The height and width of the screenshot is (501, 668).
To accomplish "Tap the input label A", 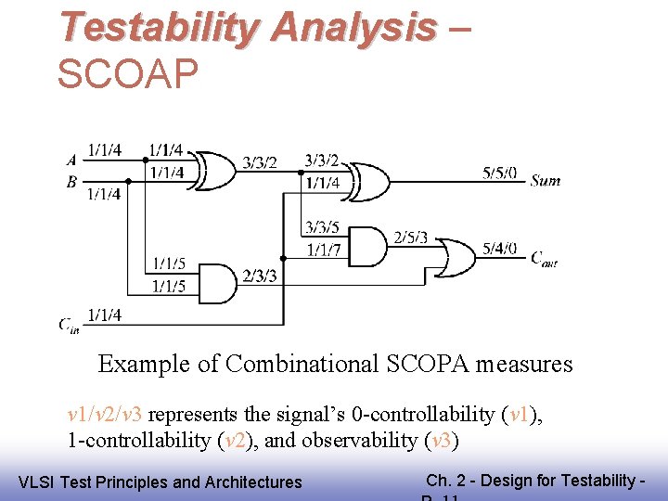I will pyautogui.click(x=71, y=160).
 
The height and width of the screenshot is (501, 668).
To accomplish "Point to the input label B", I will pyautogui.click(x=71, y=182).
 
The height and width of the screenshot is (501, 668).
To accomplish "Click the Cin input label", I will pyautogui.click(x=70, y=324).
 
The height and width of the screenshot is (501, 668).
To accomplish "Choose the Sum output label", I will pyautogui.click(x=546, y=181).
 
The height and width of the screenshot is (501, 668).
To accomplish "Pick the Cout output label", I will pyautogui.click(x=544, y=259).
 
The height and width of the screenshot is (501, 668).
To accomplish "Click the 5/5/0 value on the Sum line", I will pyautogui.click(x=500, y=173).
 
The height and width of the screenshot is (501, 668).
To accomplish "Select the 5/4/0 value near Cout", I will pyautogui.click(x=500, y=249).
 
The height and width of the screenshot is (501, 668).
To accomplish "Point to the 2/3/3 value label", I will pyautogui.click(x=260, y=276).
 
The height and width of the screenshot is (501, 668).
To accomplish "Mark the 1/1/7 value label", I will pyautogui.click(x=323, y=249).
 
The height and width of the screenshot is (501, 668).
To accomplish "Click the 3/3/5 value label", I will pyautogui.click(x=323, y=227).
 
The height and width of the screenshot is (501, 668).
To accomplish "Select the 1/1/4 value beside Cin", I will pyautogui.click(x=104, y=315).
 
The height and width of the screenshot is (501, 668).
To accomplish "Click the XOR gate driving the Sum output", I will pyautogui.click(x=369, y=181).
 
